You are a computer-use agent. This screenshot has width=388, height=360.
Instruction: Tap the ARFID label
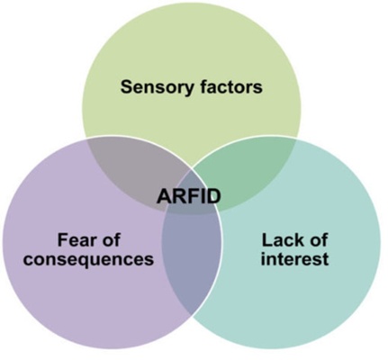point(189,197)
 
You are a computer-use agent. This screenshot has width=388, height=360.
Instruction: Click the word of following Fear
point(110,239)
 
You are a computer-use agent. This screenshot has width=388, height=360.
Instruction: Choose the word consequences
point(88,259)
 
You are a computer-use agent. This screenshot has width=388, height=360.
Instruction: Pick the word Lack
point(280,240)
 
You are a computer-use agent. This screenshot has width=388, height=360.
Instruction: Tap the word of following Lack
point(317,239)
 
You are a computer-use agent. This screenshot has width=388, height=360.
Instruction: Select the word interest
point(294,258)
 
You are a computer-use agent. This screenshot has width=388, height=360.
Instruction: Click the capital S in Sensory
point(127,86)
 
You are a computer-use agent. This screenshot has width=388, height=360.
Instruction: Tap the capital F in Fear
point(62,240)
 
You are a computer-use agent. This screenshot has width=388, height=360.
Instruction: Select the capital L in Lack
point(266,240)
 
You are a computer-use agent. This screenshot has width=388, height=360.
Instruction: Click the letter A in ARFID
point(164,197)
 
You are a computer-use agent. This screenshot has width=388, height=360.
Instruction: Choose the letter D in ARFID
point(214,197)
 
